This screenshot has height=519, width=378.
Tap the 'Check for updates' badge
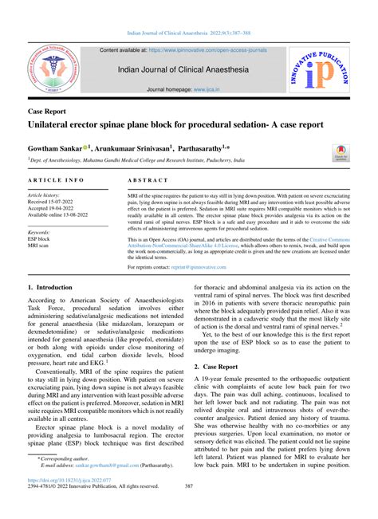341,152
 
